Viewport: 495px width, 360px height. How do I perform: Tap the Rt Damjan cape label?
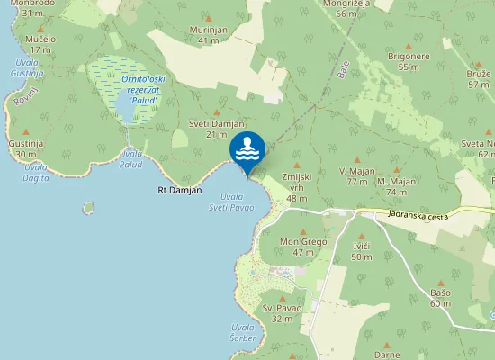180,190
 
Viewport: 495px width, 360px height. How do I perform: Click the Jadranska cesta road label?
418,214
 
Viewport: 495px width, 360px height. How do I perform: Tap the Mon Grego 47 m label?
302,247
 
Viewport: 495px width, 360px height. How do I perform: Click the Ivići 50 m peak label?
361,251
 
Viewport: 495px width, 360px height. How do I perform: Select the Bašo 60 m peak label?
440,298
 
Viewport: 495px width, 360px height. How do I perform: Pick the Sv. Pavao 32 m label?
282,313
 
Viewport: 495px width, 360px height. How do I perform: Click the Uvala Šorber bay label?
243,332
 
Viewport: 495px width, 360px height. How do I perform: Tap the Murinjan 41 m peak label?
208,35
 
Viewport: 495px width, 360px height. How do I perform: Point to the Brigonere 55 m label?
409,61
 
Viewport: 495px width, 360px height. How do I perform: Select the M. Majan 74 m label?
397,186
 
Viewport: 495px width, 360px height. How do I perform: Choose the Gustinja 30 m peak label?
26,148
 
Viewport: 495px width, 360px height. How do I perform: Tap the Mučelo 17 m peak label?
40,44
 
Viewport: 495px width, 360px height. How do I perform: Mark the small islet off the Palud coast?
88,208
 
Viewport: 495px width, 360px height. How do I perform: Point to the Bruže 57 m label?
479,78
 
